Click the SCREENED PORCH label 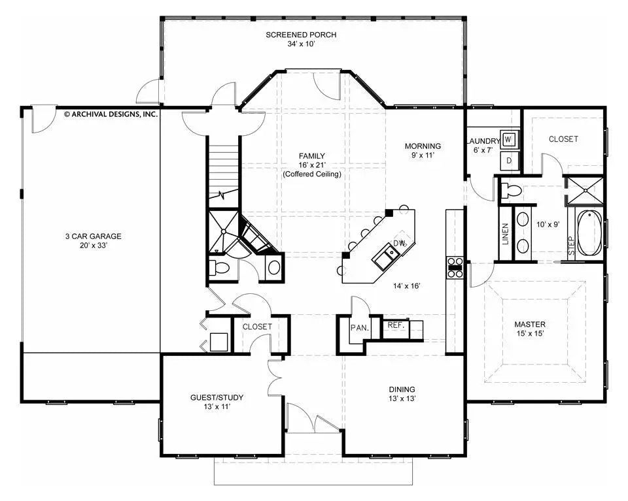[301, 35]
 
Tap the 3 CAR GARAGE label [92, 236]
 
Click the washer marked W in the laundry [510, 140]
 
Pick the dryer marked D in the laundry [510, 160]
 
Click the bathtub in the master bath [590, 232]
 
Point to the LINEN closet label [505, 233]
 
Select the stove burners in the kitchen [455, 268]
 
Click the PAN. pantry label [358, 327]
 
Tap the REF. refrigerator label [395, 325]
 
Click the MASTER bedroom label [529, 324]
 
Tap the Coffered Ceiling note [312, 174]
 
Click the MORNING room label [422, 146]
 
